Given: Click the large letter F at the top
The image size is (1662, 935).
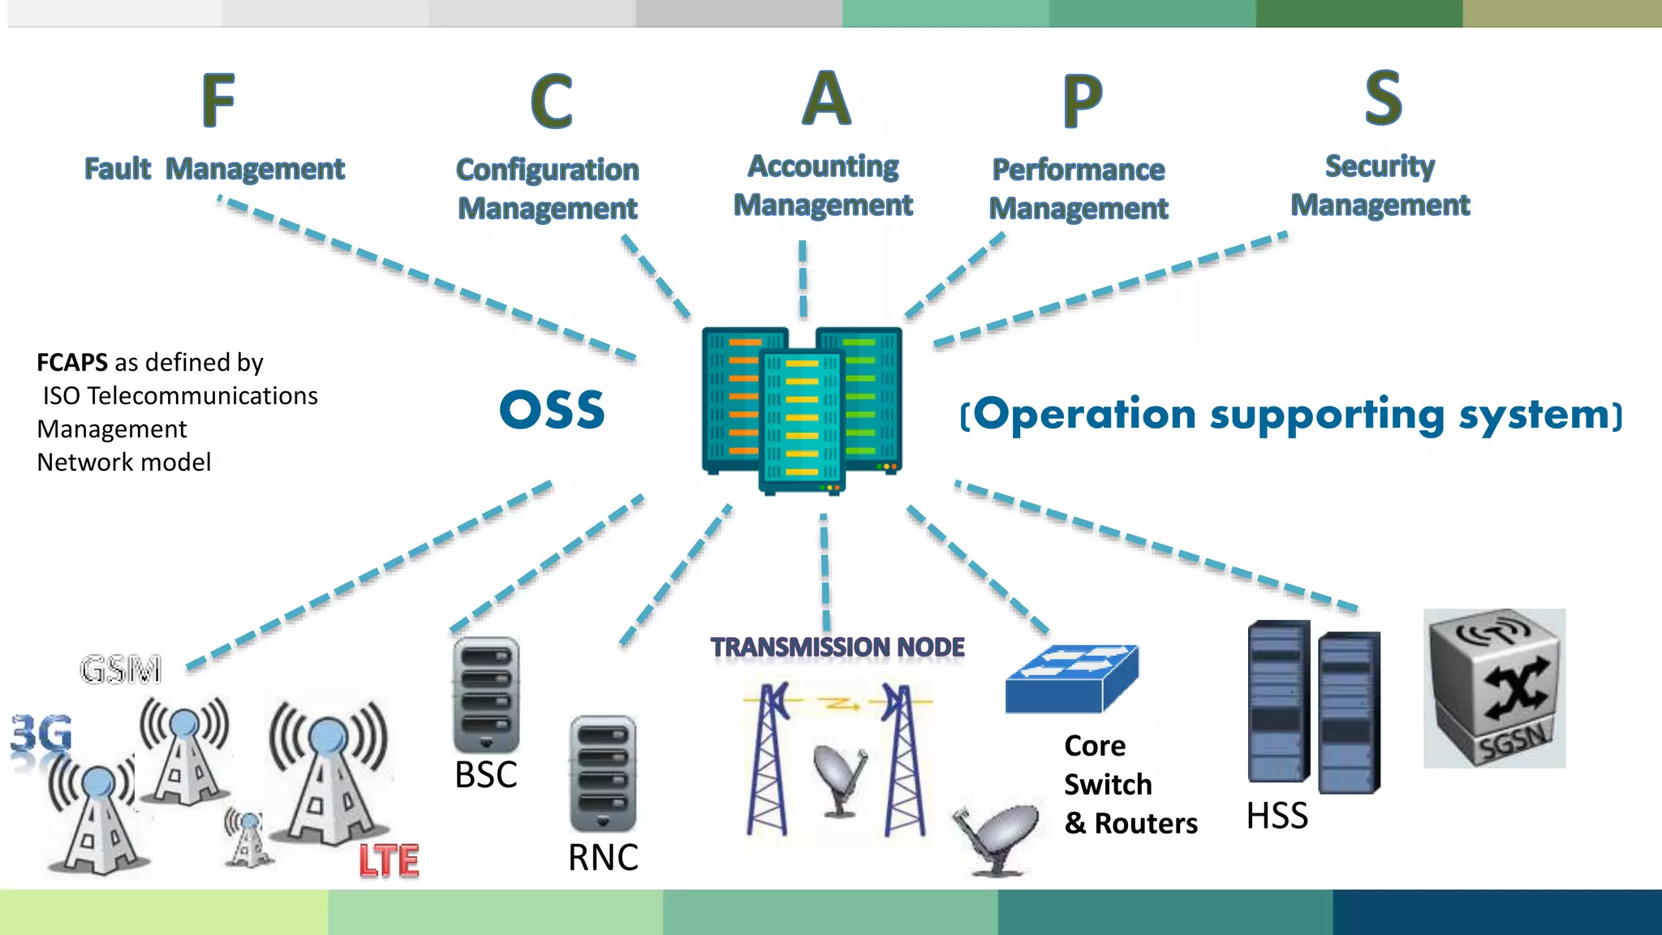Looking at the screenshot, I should (x=218, y=100).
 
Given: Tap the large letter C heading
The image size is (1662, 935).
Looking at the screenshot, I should (x=552, y=101).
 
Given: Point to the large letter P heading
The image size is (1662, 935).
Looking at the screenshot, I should (x=1083, y=101).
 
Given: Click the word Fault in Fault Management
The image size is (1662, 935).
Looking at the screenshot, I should (x=118, y=169).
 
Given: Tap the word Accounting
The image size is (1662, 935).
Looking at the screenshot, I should (x=823, y=166).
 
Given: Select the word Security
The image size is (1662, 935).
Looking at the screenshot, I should (x=1380, y=166).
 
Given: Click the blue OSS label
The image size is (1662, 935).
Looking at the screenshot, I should (x=552, y=410).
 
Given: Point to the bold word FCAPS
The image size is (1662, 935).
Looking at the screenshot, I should (x=72, y=362).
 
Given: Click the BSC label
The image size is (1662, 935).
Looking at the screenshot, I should (x=485, y=774).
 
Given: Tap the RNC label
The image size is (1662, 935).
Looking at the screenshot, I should (x=603, y=857).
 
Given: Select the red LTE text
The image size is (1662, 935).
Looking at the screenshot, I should (x=389, y=860).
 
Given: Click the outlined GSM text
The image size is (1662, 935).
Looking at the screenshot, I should (x=121, y=670).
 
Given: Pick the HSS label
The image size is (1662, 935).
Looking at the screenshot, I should (x=1277, y=815).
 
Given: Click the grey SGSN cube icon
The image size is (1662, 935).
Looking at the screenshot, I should (x=1494, y=688).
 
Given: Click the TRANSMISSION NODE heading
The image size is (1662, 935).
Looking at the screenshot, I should (x=837, y=647).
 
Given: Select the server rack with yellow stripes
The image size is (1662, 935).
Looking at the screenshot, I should (x=802, y=420).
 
